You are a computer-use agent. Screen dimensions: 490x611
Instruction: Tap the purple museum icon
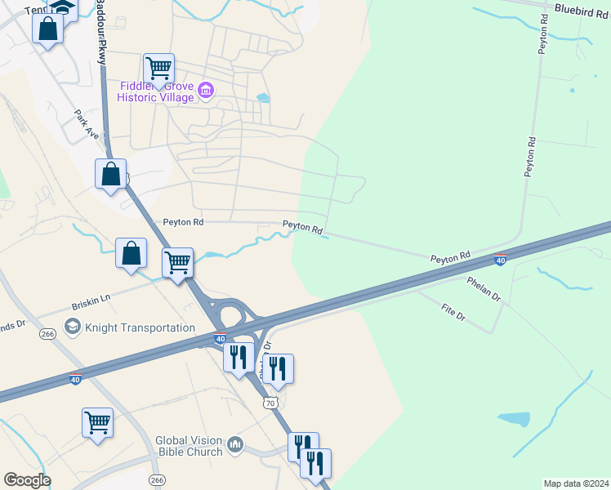206,90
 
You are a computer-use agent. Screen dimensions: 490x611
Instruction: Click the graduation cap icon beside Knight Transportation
72,327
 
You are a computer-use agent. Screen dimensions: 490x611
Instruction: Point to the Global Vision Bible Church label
189,446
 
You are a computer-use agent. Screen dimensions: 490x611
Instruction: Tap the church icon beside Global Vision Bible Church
236,444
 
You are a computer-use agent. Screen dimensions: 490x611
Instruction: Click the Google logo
27,479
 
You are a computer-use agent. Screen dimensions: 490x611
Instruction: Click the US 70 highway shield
270,403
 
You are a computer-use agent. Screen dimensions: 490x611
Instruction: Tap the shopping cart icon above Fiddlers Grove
158,67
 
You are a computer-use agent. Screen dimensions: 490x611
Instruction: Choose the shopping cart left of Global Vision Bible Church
97,422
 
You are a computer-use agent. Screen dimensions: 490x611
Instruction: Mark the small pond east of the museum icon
262,98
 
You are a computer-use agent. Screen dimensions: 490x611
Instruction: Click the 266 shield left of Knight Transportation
48,333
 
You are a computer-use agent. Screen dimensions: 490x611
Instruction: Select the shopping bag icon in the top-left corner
48,29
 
